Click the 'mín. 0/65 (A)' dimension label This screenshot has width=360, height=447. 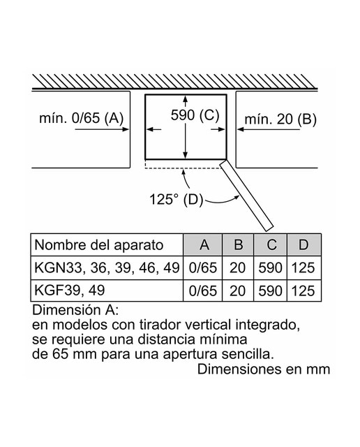point(82,118)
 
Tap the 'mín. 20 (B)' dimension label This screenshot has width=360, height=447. point(280,119)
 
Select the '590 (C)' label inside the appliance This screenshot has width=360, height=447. point(195,115)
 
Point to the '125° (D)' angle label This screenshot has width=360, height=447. point(176,199)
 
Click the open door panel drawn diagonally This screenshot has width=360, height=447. point(246,196)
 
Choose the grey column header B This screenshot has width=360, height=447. point(238,244)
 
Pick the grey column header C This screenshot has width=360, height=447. point(270,244)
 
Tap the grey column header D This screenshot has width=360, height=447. point(304,244)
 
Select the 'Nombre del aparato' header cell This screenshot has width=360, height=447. point(99,245)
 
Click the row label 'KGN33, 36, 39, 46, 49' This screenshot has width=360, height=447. point(107,268)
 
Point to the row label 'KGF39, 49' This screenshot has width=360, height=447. point(70,291)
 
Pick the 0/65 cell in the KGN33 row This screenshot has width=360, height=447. point(203,268)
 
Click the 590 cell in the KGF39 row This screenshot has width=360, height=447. point(270,291)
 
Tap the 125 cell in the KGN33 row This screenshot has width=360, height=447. point(303,268)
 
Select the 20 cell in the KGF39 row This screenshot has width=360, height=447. point(237,291)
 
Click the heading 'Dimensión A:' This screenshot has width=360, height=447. point(75,310)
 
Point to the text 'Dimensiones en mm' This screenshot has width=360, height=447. point(264,369)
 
